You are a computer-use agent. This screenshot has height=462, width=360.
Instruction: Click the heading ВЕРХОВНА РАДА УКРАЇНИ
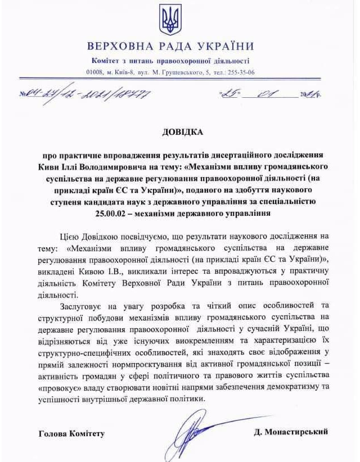170,47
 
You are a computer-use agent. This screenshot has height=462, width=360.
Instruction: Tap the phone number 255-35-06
239,73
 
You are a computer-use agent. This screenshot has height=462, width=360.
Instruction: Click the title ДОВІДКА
182,133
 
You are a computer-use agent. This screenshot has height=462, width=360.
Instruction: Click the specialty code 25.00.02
114,214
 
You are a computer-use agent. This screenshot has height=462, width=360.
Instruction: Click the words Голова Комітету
71,434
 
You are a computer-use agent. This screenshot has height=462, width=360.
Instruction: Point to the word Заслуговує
82,305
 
